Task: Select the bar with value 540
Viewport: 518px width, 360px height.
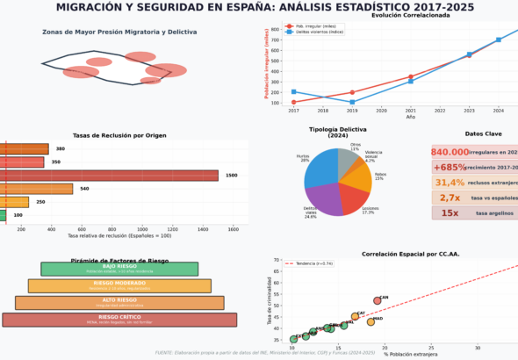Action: pyautogui.click(x=36, y=189)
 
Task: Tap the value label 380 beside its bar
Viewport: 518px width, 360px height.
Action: pyautogui.click(x=58, y=149)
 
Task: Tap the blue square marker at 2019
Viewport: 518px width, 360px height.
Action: pyautogui.click(x=352, y=102)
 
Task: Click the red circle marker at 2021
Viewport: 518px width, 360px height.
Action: pyautogui.click(x=411, y=77)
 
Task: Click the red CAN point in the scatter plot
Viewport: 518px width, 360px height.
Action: pyautogui.click(x=377, y=300)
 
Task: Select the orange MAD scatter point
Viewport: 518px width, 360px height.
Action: pyautogui.click(x=371, y=321)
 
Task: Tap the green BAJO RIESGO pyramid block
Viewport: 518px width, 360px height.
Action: pyautogui.click(x=119, y=269)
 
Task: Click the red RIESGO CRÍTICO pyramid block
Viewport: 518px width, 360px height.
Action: pyautogui.click(x=119, y=320)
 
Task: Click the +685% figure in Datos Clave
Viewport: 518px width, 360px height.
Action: pyautogui.click(x=450, y=167)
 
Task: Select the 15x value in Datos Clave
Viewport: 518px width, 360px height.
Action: pyautogui.click(x=450, y=212)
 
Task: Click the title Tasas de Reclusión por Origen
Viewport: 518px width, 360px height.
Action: pyautogui.click(x=119, y=135)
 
